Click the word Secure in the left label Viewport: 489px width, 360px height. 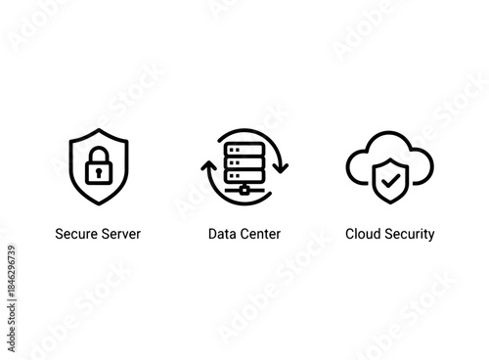pos(74,235)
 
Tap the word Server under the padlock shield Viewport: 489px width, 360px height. pos(119,235)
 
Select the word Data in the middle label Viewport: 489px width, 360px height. pos(221,235)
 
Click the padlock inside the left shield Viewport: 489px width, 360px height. pos(98,167)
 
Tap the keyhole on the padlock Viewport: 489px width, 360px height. pos(98,173)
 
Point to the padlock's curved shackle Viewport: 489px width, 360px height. pos(98,155)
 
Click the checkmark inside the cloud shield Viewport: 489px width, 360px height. pos(390,179)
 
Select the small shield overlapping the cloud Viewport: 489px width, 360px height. pos(390,180)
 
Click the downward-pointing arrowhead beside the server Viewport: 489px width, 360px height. pos(281,167)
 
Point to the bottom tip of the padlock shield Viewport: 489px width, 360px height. pos(98,203)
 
